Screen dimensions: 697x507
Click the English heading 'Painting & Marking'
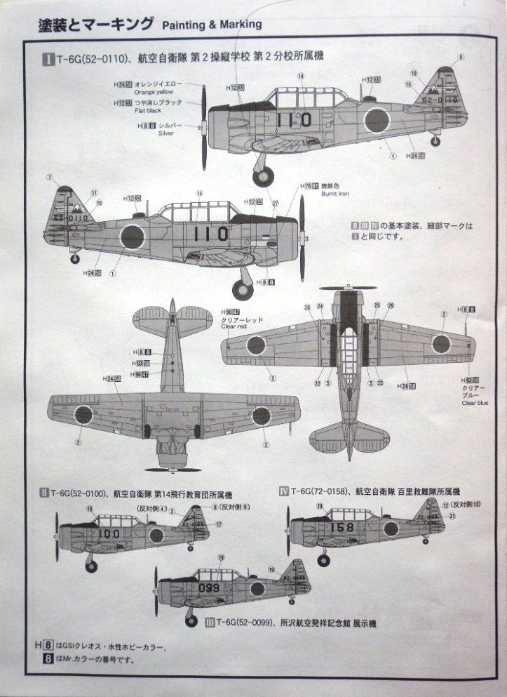[x=212, y=25]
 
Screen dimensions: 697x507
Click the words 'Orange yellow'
[x=154, y=92]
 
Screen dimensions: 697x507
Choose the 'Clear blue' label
[x=474, y=403]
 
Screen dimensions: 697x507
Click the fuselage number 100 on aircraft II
[x=109, y=533]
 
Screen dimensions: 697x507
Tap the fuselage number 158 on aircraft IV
[x=342, y=527]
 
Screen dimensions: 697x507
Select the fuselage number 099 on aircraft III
[x=208, y=588]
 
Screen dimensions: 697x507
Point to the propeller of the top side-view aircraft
[x=204, y=127]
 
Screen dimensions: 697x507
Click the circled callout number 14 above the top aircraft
[x=300, y=76]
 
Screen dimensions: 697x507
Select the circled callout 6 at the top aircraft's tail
[x=461, y=56]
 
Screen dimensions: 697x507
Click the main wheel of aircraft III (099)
[x=191, y=620]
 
